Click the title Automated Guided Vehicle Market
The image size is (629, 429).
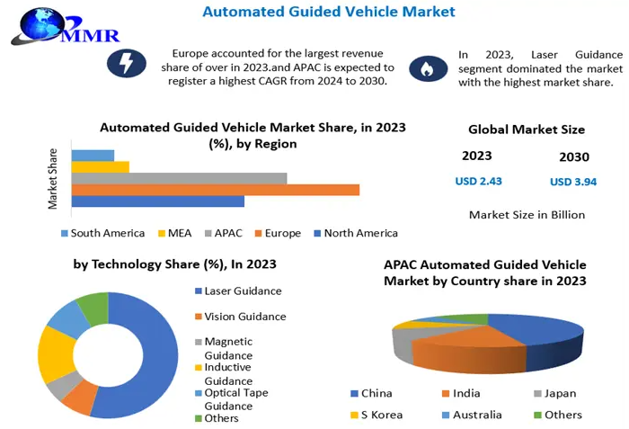329,12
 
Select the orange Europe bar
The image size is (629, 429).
215,189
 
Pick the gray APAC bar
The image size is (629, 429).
179,178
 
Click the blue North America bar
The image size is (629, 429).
157,201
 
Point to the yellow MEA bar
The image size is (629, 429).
100,166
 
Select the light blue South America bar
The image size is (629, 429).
93,155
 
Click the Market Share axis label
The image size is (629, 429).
53,178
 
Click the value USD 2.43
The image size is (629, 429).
478,181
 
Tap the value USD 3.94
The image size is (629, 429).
572,183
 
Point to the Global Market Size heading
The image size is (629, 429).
527,130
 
